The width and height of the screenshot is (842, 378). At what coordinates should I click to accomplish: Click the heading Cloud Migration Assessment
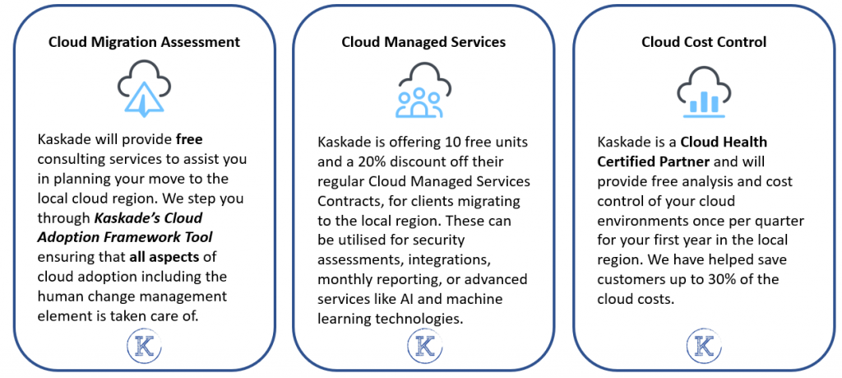click(x=145, y=42)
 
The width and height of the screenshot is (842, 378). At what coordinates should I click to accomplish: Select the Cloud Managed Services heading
click(x=423, y=42)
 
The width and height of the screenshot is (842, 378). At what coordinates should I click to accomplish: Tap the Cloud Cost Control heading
click(x=704, y=42)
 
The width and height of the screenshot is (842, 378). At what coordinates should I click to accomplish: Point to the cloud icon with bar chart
click(x=704, y=92)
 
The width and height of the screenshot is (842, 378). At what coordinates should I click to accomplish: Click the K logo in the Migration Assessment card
click(x=145, y=348)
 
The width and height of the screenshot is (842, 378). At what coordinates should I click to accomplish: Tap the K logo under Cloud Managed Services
click(x=424, y=347)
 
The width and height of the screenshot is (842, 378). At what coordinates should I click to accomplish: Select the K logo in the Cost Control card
click(x=704, y=347)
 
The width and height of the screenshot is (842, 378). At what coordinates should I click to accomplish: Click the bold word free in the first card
click(x=189, y=140)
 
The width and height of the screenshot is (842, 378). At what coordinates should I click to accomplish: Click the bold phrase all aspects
click(x=164, y=257)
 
